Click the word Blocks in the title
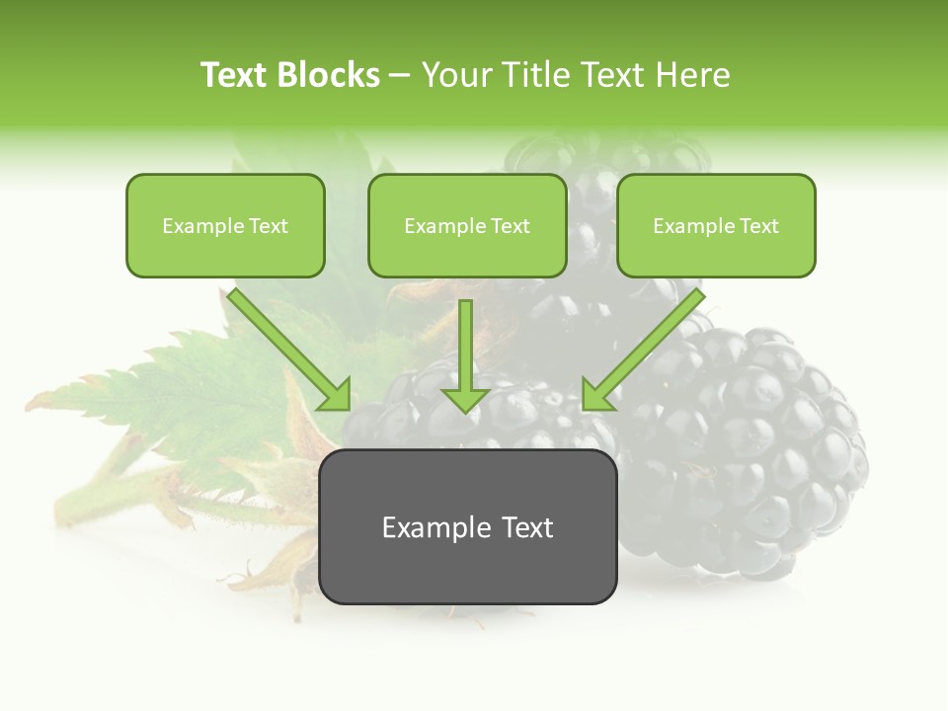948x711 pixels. [331, 75]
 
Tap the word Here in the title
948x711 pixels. [690, 75]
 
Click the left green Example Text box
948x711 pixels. [225, 226]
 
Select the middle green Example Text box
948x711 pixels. [467, 226]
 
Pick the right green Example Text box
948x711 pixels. [716, 226]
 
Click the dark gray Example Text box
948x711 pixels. [467, 527]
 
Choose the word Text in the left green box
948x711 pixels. [268, 226]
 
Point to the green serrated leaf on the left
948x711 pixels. [188, 395]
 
